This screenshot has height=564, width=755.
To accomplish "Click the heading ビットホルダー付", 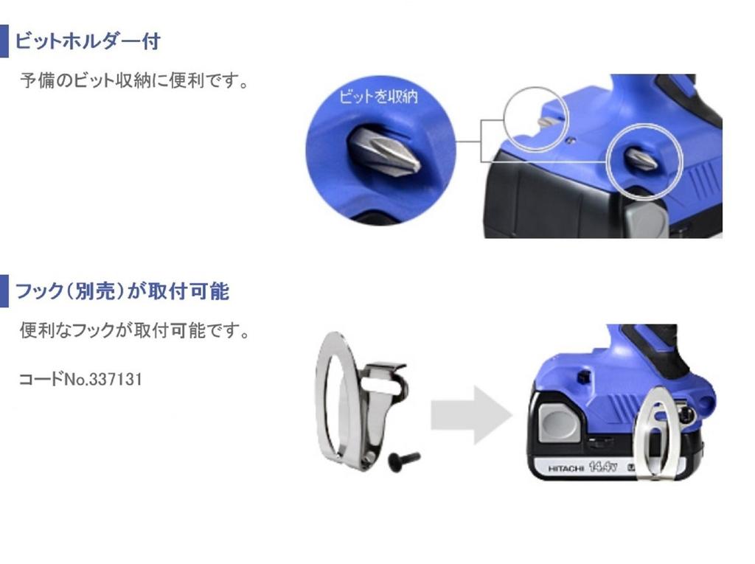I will point(87,41).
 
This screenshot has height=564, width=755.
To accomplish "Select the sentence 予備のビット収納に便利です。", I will point(133,80).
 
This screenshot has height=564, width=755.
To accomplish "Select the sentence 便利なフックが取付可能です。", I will point(133,331).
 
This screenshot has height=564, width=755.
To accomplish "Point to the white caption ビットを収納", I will point(377,97).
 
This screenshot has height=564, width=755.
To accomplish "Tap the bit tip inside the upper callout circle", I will point(547,122).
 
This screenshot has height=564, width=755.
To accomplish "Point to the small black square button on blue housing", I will point(582,377).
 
